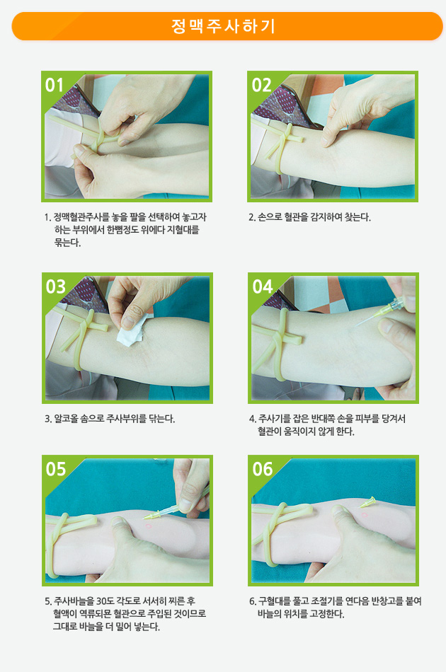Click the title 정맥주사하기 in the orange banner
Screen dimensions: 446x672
point(223,26)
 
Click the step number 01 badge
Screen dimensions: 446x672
point(55,85)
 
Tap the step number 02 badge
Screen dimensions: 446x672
point(261,85)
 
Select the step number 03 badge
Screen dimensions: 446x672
point(55,286)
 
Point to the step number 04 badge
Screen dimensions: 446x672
point(262,286)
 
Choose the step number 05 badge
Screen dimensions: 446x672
point(56,469)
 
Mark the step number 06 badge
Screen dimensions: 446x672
point(262,469)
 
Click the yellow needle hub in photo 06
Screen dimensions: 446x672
point(368,502)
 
